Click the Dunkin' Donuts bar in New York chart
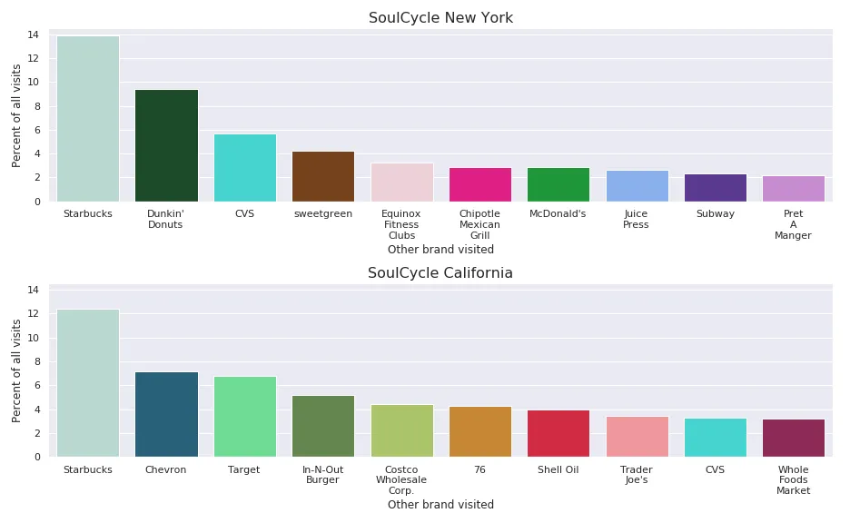[x=166, y=145]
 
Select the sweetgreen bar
[x=323, y=176]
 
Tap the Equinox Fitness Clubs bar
[x=401, y=183]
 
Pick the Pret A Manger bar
[x=793, y=189]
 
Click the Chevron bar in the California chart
[x=166, y=414]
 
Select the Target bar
[x=244, y=417]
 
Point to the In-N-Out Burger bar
[x=323, y=426]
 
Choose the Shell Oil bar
[x=558, y=433]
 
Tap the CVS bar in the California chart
[x=715, y=437]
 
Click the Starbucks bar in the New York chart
[x=88, y=118]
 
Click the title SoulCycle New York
[x=440, y=18]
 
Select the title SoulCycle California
[x=440, y=273]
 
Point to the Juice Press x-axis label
[x=636, y=220]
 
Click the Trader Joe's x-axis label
[x=636, y=475]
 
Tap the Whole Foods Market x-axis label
[x=793, y=480]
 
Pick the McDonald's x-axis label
[x=558, y=214]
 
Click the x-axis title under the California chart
[x=440, y=505]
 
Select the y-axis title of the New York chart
[x=16, y=115]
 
